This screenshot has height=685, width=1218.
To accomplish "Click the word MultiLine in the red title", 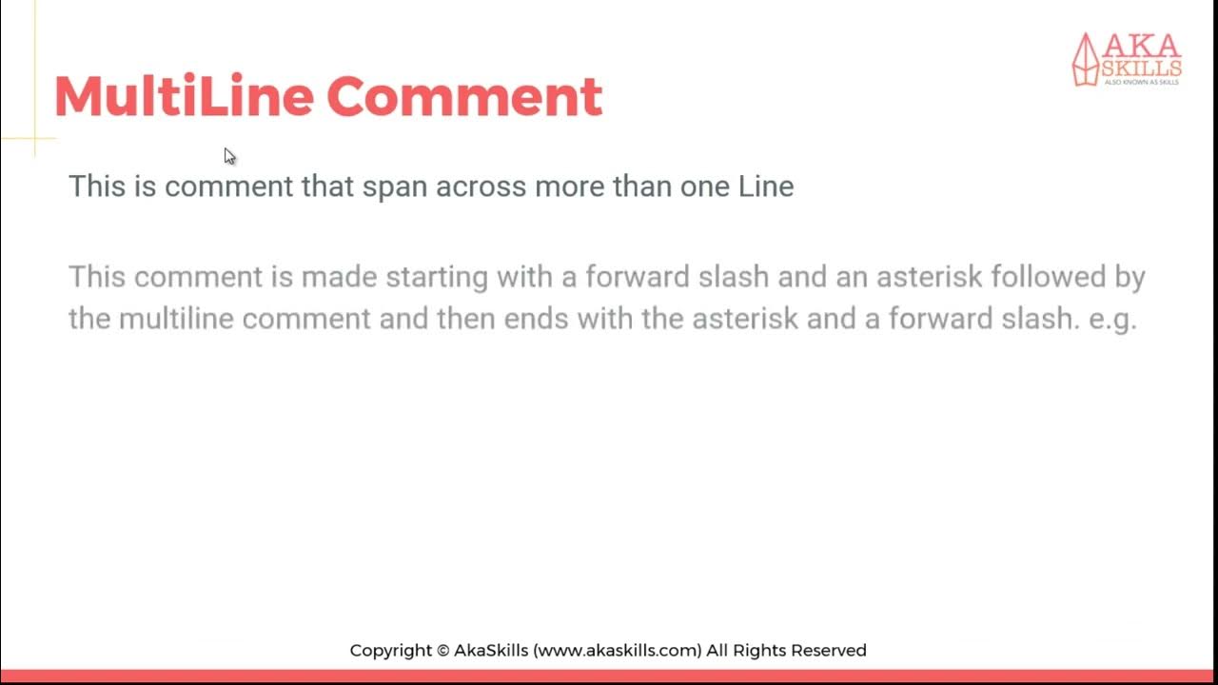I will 183,96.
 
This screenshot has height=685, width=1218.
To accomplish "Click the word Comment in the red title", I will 464,96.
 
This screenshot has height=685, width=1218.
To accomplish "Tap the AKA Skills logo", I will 1127,59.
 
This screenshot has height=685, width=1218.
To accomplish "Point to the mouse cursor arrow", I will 229,156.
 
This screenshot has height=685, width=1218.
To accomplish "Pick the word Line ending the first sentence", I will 766,186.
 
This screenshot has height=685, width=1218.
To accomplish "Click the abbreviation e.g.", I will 1113,319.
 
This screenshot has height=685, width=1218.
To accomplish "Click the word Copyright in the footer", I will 390,651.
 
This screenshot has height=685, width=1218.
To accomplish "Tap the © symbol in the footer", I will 442,651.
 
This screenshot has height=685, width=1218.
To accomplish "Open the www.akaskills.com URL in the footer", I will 619,651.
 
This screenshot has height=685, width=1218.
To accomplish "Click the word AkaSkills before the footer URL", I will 491,651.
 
